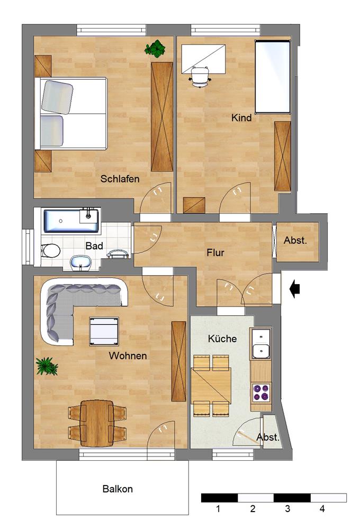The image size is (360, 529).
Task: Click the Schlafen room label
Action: tap(120, 179)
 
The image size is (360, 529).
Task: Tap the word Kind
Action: tap(241, 118)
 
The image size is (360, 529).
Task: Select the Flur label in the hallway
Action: tap(215, 252)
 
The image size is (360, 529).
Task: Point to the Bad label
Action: tap(94, 245)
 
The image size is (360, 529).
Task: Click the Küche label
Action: tap(222, 339)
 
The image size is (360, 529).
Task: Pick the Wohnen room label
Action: tap(128, 355)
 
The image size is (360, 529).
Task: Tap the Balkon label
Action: tap(118, 489)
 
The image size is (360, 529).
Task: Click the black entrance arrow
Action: tap(295, 289)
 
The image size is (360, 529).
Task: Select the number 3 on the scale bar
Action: tap(287, 508)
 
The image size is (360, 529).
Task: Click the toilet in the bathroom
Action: tap(51, 251)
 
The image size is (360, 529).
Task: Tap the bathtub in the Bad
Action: tap(71, 221)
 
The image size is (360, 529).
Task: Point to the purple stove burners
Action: tap(262, 393)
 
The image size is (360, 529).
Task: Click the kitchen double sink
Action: tap(261, 344)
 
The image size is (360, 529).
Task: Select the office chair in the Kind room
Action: tap(200, 77)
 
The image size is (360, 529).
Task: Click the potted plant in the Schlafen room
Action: tap(155, 49)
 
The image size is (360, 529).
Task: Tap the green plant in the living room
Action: tap(47, 367)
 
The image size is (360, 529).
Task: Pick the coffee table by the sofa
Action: tap(104, 331)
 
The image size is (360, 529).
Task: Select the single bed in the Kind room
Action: tap(273, 77)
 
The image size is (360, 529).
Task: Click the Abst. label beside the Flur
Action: tap(295, 241)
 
